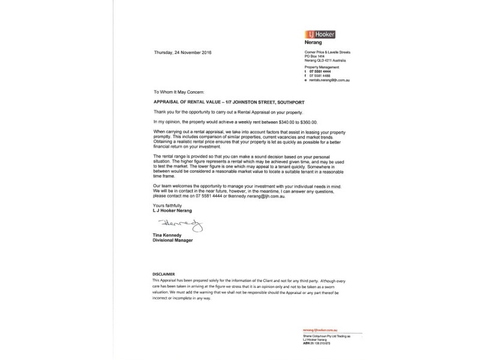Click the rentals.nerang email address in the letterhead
332,80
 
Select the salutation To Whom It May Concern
179,93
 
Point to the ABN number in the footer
325,342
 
